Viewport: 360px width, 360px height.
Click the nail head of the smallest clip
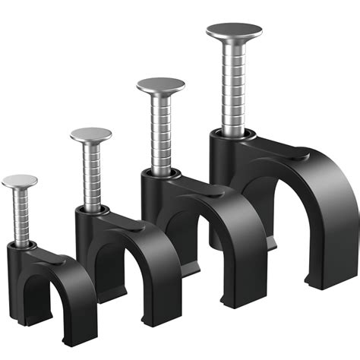[19, 181]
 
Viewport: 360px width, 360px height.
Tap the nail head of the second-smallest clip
[90, 134]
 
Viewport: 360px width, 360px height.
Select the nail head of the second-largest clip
[161, 84]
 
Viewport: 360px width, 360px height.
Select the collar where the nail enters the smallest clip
[23, 245]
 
